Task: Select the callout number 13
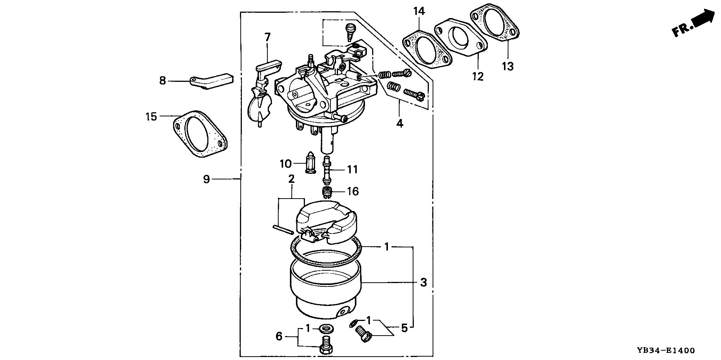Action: point(507,66)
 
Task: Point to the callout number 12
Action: point(478,77)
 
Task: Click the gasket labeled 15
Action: point(201,134)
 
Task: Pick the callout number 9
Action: point(207,179)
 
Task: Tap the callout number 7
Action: point(267,38)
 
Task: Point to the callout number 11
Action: point(352,170)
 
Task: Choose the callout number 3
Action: point(423,282)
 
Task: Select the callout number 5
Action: point(404,328)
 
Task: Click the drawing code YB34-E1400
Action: point(665,351)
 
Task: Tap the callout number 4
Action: point(400,123)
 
